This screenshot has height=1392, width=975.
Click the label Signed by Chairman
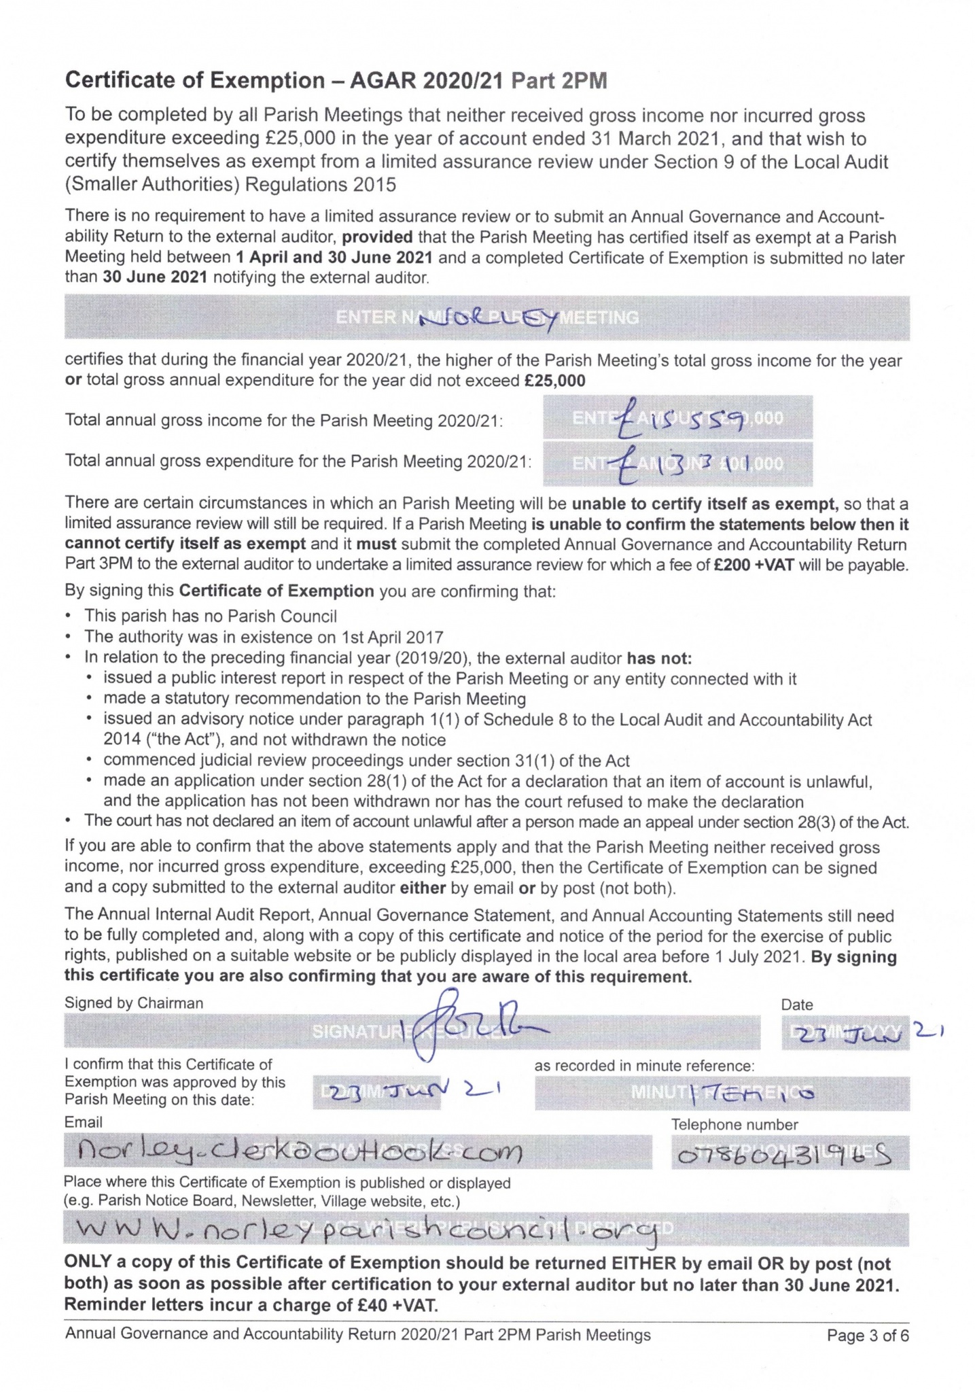pyautogui.click(x=134, y=1003)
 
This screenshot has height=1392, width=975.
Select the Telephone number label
pyautogui.click(x=734, y=1125)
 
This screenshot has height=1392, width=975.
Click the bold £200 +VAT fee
pyautogui.click(x=754, y=565)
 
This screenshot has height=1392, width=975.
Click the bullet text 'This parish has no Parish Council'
pyautogui.click(x=211, y=616)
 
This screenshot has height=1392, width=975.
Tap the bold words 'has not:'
pyautogui.click(x=658, y=658)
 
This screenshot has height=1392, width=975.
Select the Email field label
pyautogui.click(x=84, y=1122)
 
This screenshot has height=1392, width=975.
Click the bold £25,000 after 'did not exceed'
pyautogui.click(x=555, y=381)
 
